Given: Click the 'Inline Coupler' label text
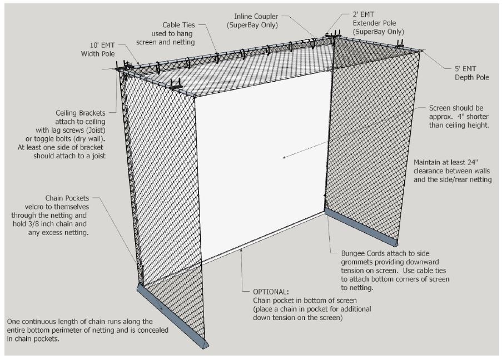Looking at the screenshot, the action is click(x=256, y=16).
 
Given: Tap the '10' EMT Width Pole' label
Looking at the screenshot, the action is click(x=98, y=49).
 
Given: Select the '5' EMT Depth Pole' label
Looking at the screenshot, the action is click(x=472, y=73).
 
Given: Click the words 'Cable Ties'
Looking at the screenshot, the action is click(x=178, y=25).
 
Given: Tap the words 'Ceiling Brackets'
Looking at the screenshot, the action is click(x=81, y=113).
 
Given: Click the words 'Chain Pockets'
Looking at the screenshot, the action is click(x=67, y=198).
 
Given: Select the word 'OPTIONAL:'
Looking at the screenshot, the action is click(x=271, y=292).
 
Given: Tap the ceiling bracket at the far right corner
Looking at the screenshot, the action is click(x=400, y=44).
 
